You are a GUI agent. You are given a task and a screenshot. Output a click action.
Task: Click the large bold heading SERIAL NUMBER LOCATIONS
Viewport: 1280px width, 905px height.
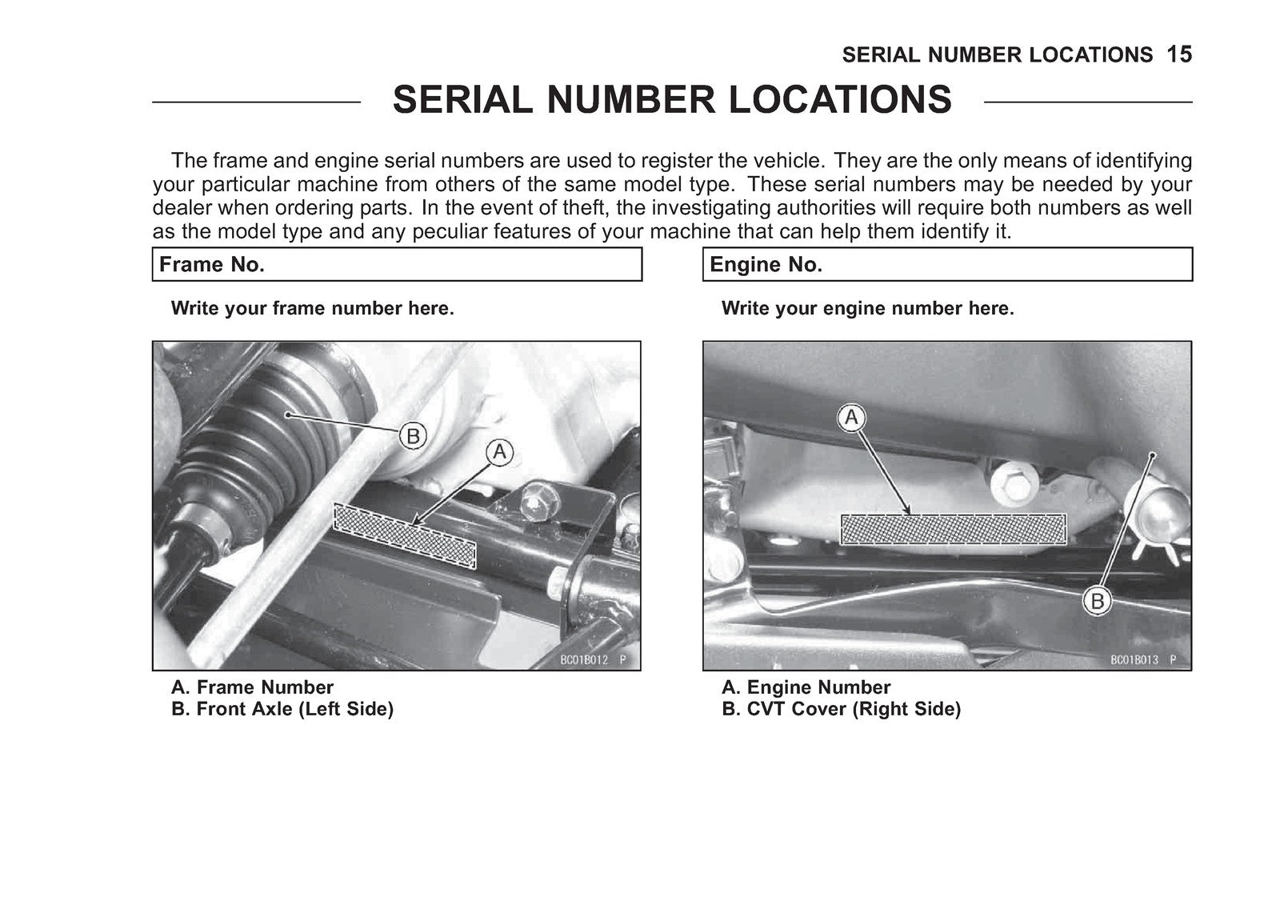[672, 99]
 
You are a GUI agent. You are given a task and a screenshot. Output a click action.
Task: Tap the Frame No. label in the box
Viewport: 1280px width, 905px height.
[212, 265]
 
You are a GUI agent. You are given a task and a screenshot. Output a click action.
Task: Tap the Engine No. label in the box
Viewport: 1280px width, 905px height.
[766, 265]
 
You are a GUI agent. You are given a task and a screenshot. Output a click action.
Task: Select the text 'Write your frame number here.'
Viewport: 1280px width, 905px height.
[313, 309]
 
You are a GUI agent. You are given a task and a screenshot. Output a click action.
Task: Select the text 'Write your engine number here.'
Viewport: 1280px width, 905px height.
[867, 309]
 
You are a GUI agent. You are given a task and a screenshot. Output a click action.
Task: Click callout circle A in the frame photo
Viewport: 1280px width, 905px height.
[499, 452]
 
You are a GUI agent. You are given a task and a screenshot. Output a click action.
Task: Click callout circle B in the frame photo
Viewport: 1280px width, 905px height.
[413, 437]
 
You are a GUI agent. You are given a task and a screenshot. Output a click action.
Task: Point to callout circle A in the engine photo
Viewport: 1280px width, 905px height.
[851, 418]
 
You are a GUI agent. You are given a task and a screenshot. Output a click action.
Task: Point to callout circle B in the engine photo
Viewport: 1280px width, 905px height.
[1097, 602]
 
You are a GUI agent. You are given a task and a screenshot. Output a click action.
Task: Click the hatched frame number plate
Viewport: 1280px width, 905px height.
[404, 535]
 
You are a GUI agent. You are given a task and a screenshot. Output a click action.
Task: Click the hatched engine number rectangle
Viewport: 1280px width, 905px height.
[953, 529]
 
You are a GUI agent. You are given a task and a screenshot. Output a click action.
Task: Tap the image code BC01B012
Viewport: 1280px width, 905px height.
[584, 660]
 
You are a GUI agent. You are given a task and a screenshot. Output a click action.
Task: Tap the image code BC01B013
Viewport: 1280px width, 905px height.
[1134, 660]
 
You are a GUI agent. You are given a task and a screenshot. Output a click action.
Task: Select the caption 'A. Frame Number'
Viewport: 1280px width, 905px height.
[252, 687]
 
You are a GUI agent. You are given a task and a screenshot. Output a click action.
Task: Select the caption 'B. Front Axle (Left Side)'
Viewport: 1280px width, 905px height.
[282, 710]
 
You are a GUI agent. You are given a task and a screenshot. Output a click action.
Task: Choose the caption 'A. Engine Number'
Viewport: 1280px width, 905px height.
[806, 687]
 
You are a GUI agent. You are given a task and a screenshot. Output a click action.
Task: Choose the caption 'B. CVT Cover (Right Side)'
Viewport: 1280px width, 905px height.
[841, 710]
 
